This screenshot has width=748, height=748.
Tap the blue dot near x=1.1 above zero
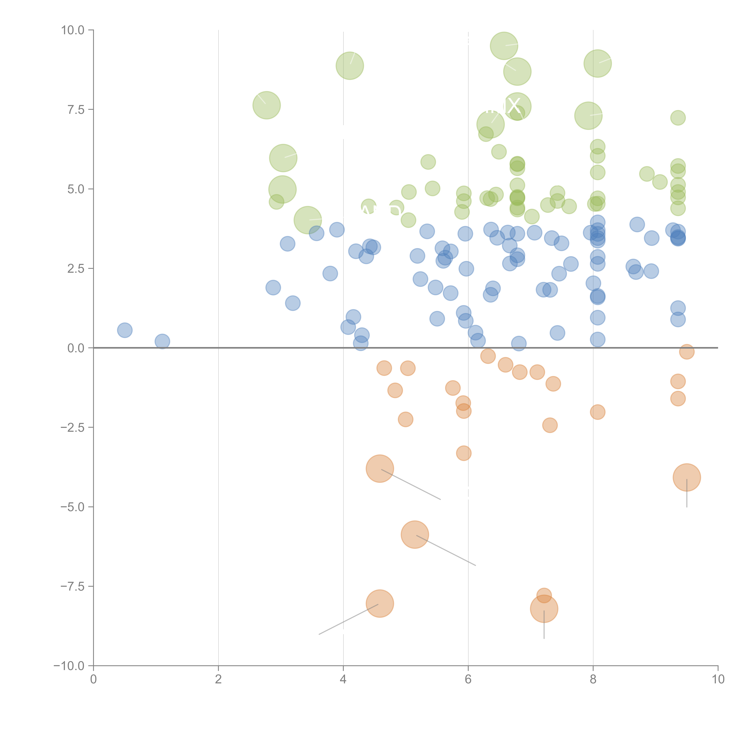pyautogui.click(x=162, y=341)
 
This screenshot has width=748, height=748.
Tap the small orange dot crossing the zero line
pyautogui.click(x=687, y=352)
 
